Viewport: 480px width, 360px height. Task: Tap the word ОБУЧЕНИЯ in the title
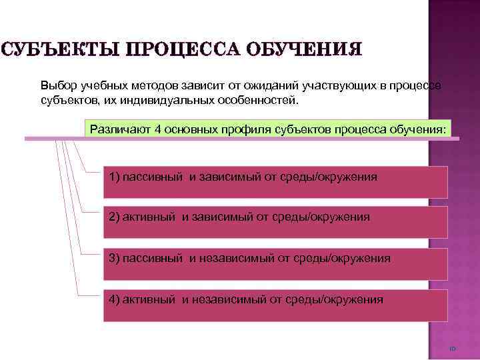point(305,50)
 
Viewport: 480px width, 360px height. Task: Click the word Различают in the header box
point(118,128)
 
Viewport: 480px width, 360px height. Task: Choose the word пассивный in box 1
point(150,177)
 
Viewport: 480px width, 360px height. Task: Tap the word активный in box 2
point(147,217)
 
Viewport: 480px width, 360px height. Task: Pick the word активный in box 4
point(147,299)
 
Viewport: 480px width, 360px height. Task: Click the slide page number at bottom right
point(451,349)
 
